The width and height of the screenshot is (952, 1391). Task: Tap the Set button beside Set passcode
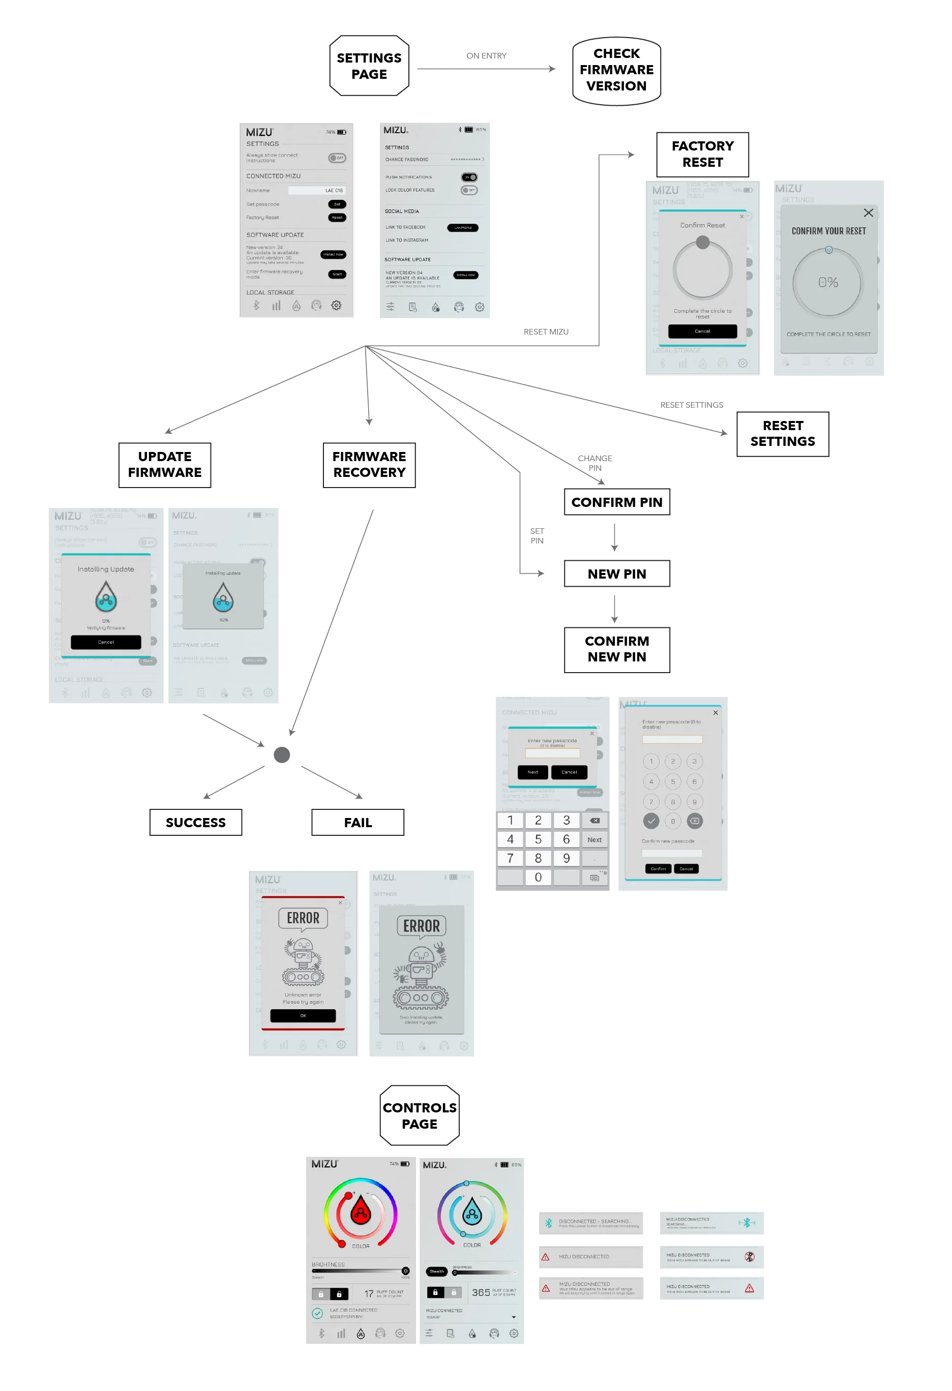(x=337, y=204)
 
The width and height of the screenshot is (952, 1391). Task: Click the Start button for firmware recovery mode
(x=337, y=274)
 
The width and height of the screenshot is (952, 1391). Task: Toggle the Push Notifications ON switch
(x=469, y=177)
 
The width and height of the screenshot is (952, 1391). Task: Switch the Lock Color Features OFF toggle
(x=469, y=190)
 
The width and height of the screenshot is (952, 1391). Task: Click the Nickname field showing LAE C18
(x=317, y=190)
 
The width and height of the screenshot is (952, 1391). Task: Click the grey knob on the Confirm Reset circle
(x=703, y=243)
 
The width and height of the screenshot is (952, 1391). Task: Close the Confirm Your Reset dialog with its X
(x=868, y=213)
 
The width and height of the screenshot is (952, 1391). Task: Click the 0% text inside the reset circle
(x=828, y=283)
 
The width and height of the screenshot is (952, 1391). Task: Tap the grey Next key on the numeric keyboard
(x=594, y=840)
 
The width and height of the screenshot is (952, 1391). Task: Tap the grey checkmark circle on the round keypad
(x=651, y=821)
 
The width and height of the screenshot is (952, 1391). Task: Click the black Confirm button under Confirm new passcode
(x=658, y=868)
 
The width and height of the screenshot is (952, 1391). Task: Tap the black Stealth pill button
(x=437, y=1272)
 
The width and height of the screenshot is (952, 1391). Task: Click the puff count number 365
(x=481, y=1293)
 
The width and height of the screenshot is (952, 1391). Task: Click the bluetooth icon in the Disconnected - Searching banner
(x=548, y=1223)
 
